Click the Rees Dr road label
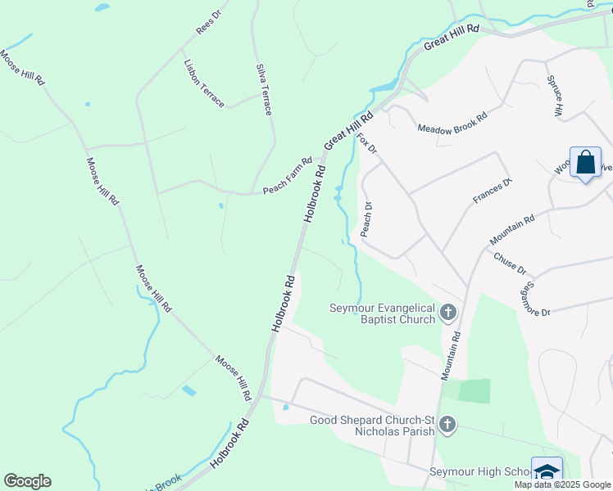[x=208, y=22]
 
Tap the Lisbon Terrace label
[x=204, y=83]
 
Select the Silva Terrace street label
[x=263, y=89]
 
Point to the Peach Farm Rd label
[x=288, y=176]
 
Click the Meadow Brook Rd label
[x=452, y=122]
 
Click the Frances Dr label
[x=492, y=191]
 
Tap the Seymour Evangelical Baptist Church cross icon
[x=447, y=312]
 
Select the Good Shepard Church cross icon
[x=447, y=425]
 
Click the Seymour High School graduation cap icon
[x=547, y=471]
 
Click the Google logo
[x=27, y=481]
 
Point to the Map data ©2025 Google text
[x=562, y=484]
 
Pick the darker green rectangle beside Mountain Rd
[x=474, y=391]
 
